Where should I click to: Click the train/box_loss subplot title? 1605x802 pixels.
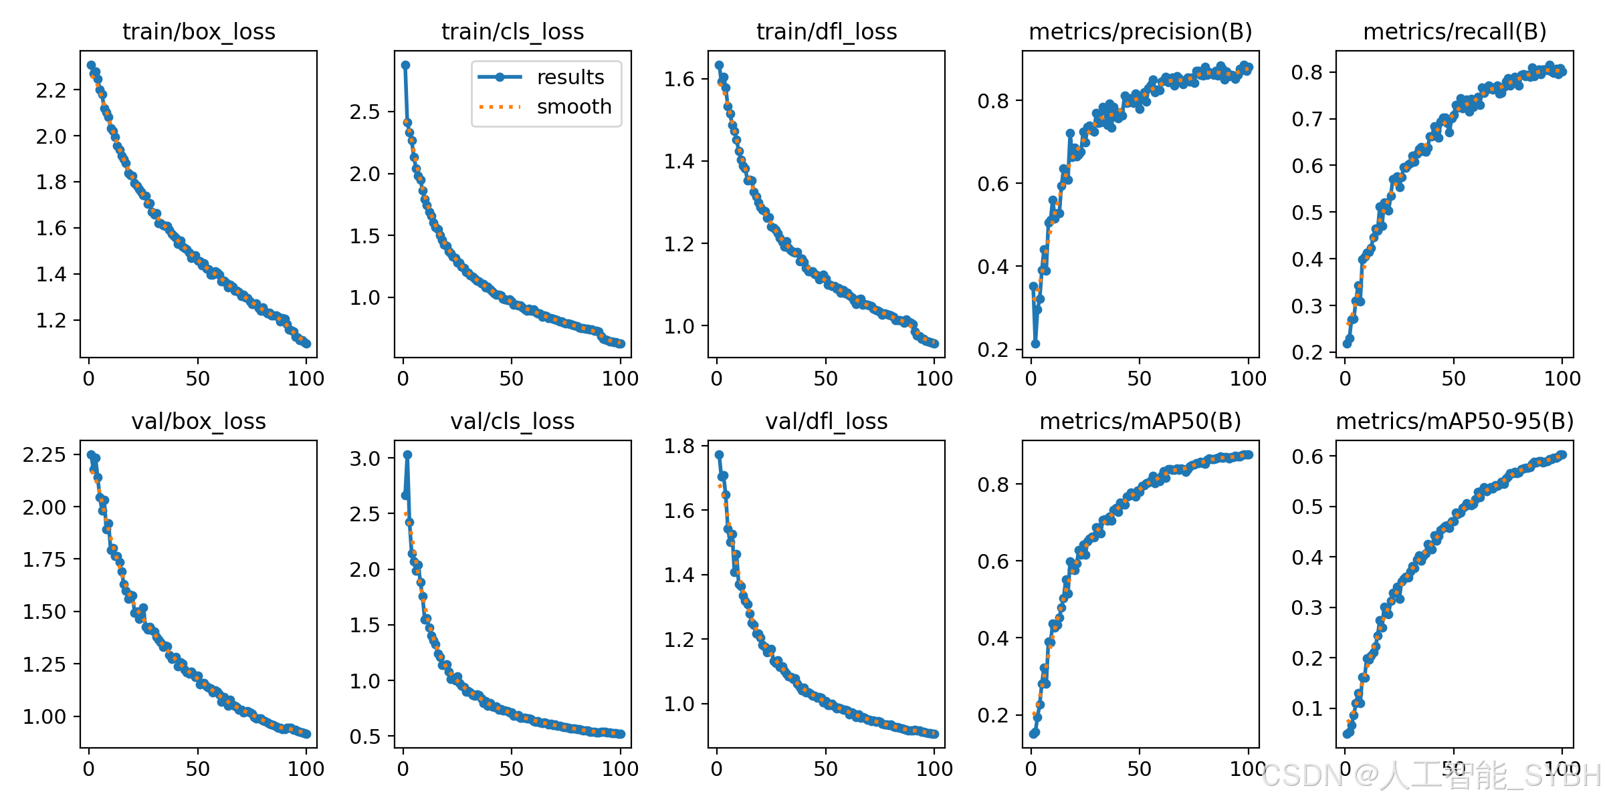coord(199,31)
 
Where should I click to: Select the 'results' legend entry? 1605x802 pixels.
coord(570,78)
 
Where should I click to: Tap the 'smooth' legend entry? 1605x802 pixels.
coord(574,107)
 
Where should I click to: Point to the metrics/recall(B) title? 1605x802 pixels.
coord(1455,31)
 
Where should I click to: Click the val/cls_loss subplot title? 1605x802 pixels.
coord(512,421)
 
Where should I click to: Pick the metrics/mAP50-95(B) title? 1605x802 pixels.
coord(1455,421)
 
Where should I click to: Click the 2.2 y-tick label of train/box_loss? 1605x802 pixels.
coord(51,90)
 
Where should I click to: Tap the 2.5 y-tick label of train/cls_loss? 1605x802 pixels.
coord(365,112)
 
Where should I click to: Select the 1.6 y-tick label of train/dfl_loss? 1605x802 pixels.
coord(679,79)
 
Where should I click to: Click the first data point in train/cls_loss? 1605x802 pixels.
coord(405,65)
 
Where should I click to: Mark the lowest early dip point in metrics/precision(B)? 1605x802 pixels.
coord(1035,344)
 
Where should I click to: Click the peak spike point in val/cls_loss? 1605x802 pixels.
coord(407,454)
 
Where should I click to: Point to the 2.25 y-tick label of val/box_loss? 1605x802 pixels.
coord(44,454)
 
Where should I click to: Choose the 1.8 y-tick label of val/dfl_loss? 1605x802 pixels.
coord(679,446)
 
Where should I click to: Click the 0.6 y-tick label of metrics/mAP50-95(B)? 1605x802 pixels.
coord(1307,456)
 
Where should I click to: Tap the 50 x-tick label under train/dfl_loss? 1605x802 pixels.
coord(826,379)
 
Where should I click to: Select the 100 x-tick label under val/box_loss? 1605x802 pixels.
coord(306,769)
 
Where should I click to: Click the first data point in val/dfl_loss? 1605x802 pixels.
coord(719,454)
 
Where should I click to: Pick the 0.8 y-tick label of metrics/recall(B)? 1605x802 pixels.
coord(1307,72)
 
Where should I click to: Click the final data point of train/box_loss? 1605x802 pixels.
coord(306,344)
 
